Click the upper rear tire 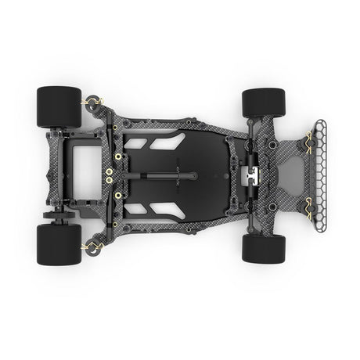(x=58, y=107)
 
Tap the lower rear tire (x=58, y=244)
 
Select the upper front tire (x=263, y=103)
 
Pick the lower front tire (x=263, y=248)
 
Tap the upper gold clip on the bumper (x=309, y=139)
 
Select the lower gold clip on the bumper (x=309, y=213)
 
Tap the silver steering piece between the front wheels (x=250, y=176)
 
